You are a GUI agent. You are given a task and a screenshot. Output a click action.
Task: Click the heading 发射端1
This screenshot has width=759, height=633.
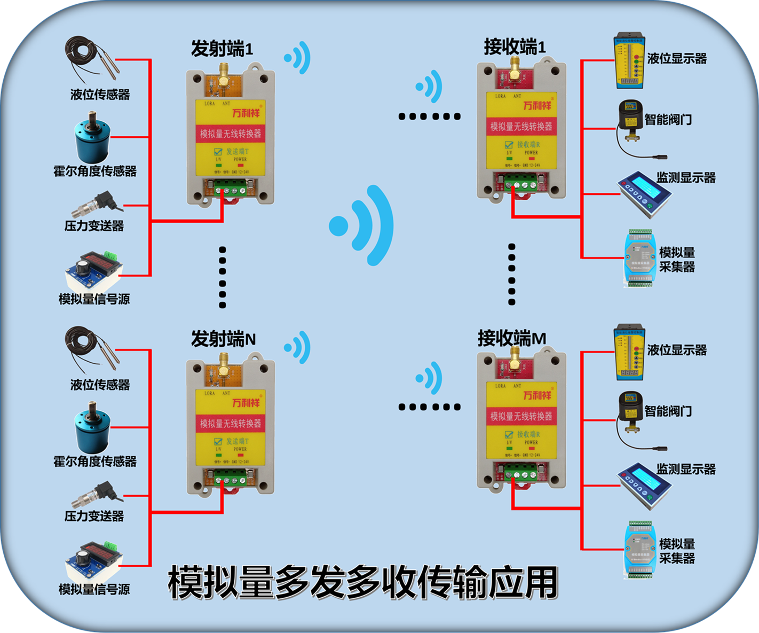tap(222, 49)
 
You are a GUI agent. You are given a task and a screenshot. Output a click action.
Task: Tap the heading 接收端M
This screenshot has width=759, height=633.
tap(511, 339)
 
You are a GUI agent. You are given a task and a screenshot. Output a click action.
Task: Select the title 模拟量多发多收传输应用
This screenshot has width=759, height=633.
tap(363, 583)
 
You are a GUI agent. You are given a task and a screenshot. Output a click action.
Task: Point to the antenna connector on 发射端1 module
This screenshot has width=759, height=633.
tap(223, 74)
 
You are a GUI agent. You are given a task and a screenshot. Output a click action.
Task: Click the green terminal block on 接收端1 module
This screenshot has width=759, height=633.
tap(520, 184)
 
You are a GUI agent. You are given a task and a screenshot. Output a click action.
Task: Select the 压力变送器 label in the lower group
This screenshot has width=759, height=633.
tap(94, 516)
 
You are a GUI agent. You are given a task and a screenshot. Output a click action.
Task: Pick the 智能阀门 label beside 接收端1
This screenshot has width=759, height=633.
tap(668, 119)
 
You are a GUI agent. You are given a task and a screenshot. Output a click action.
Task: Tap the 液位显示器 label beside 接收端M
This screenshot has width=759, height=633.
tap(677, 350)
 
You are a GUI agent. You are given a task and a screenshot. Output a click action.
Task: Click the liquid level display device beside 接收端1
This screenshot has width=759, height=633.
tap(629, 62)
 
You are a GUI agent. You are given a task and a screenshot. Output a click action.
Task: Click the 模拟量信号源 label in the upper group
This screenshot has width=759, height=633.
tap(94, 299)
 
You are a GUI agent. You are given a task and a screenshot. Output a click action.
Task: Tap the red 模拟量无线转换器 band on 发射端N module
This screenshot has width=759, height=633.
tap(231, 424)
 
